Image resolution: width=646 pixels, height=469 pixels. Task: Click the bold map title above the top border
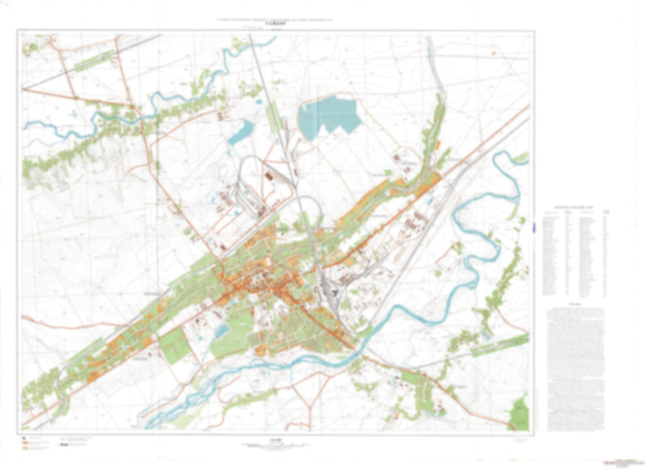[275, 25]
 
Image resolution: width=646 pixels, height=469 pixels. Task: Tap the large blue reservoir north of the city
[329, 114]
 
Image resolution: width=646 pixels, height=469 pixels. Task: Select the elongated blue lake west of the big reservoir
[241, 132]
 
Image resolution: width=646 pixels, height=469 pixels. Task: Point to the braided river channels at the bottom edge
[179, 402]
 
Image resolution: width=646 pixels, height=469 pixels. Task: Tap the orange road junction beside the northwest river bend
[134, 107]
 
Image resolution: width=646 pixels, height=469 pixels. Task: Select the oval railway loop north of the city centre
[308, 210]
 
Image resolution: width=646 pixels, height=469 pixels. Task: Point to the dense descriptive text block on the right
[575, 367]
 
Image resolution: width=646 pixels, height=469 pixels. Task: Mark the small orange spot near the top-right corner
[494, 53]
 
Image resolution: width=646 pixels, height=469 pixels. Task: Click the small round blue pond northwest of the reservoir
[258, 101]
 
